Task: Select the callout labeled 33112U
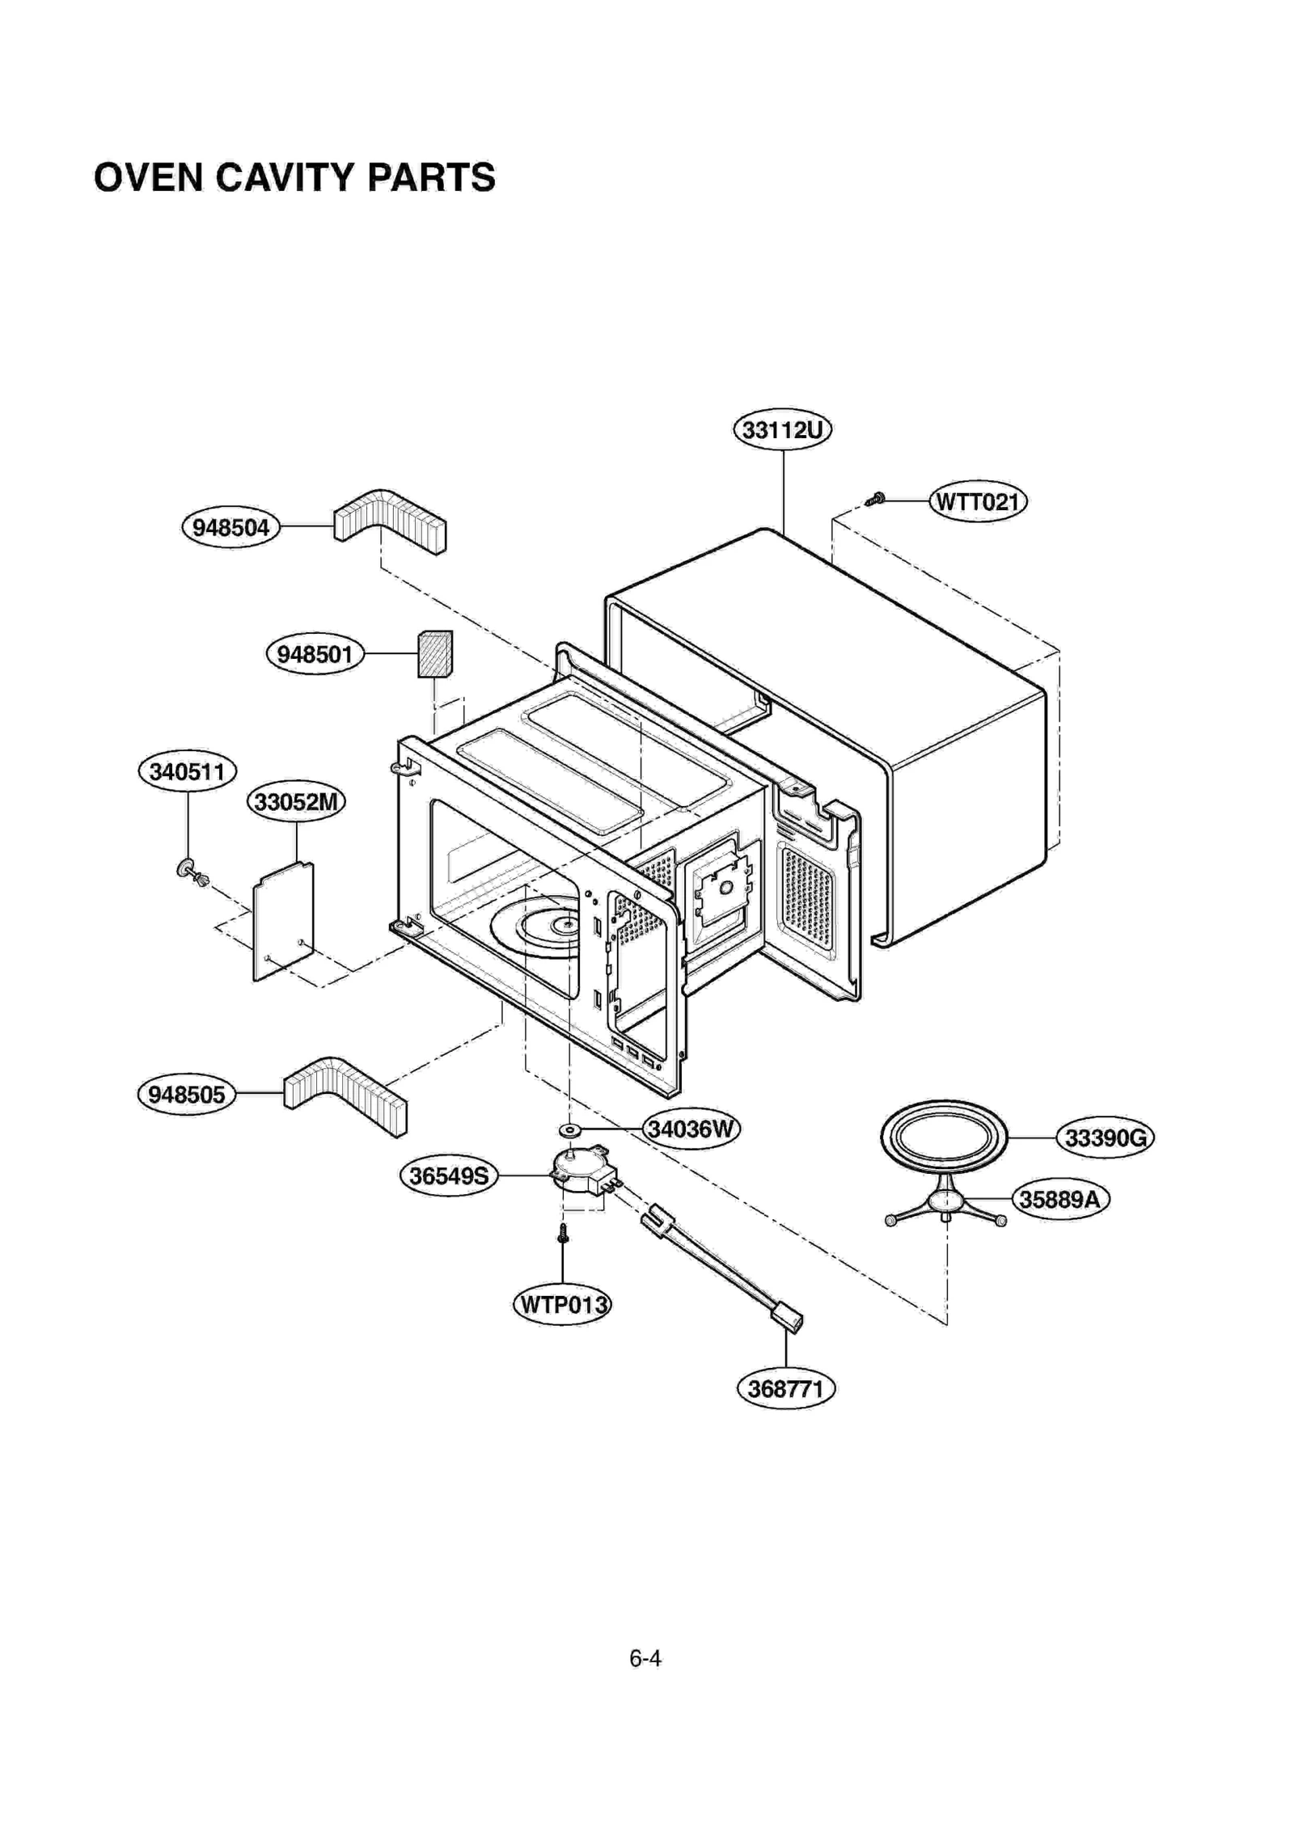(781, 429)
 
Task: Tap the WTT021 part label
(977, 502)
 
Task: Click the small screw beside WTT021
(874, 500)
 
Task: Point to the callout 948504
(230, 528)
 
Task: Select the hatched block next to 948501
(434, 654)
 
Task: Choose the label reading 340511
(187, 771)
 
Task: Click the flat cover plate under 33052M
(283, 922)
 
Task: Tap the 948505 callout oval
(186, 1095)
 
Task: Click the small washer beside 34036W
(569, 1129)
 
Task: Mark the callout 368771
(785, 1390)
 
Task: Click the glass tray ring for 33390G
(944, 1138)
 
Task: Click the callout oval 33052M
(296, 802)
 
